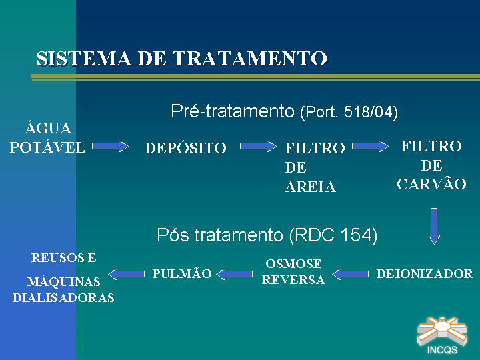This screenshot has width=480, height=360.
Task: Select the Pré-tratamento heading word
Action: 233,111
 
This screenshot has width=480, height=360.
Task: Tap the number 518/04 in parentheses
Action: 368,112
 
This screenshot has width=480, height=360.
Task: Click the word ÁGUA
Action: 48,127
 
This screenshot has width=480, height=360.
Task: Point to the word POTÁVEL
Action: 47,147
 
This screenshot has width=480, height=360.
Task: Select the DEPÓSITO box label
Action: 185,148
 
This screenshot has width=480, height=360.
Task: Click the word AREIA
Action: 311,187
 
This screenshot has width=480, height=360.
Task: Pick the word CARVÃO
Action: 431,184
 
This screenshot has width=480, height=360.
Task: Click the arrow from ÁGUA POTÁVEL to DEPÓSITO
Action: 110,146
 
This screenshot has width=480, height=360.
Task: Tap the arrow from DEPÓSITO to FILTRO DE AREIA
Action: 258,146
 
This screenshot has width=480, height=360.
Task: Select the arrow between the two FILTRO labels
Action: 370,146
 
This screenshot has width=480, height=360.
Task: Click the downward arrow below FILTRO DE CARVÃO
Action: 434,226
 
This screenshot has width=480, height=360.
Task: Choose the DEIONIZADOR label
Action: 425,274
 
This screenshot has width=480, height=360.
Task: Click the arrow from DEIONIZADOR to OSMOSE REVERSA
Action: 350,274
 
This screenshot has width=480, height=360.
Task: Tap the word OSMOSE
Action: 293,263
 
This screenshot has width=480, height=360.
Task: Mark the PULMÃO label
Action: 182,273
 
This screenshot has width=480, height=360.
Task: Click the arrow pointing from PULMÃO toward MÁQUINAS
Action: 127,274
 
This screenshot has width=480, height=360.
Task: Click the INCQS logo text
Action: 442,350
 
